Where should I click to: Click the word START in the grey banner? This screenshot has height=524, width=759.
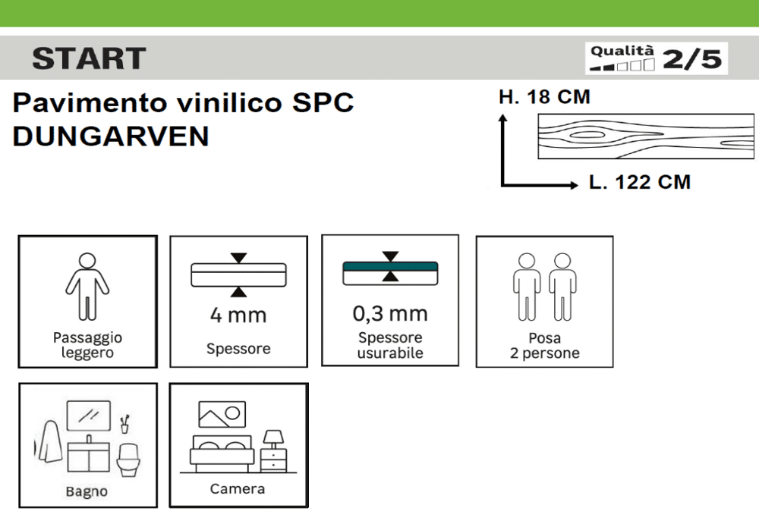click(x=89, y=58)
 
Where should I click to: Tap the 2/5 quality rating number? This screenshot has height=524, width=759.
click(x=692, y=59)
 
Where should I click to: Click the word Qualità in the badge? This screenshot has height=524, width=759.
click(x=622, y=51)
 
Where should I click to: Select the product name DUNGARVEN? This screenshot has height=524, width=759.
click(x=111, y=136)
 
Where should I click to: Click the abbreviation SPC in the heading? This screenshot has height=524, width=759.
click(x=323, y=102)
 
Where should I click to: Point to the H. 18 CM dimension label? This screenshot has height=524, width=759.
click(x=544, y=97)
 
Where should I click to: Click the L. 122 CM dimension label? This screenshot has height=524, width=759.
click(x=640, y=183)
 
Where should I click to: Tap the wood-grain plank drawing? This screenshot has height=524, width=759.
click(x=646, y=136)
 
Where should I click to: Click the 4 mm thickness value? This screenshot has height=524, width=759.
click(x=238, y=315)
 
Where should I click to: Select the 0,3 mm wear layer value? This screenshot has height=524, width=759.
click(x=390, y=314)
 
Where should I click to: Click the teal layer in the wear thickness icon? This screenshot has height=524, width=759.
click(x=390, y=266)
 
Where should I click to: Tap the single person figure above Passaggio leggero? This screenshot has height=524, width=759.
click(x=87, y=287)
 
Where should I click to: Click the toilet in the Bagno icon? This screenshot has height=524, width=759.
click(x=128, y=460)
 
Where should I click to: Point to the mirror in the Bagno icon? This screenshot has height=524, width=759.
click(x=89, y=416)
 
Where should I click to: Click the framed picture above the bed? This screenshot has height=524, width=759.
click(x=222, y=415)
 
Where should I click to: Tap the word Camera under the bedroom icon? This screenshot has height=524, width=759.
click(x=237, y=488)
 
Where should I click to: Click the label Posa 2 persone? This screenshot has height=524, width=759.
click(x=544, y=346)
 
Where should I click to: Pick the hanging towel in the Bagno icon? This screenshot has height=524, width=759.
click(x=49, y=441)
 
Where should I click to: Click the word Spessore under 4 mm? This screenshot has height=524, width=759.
click(x=238, y=349)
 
